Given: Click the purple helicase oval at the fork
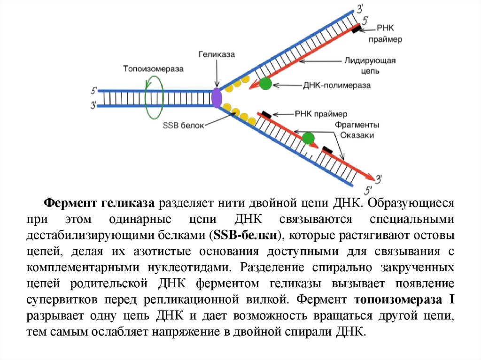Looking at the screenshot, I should tap(217, 98).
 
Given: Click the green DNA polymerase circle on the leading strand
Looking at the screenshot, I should tap(266, 84).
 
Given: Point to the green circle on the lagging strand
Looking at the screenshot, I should tap(308, 138).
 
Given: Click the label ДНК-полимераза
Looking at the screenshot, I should tap(337, 85).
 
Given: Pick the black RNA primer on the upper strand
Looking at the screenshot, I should tap(357, 29).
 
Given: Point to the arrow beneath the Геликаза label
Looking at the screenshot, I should tap(216, 72).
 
